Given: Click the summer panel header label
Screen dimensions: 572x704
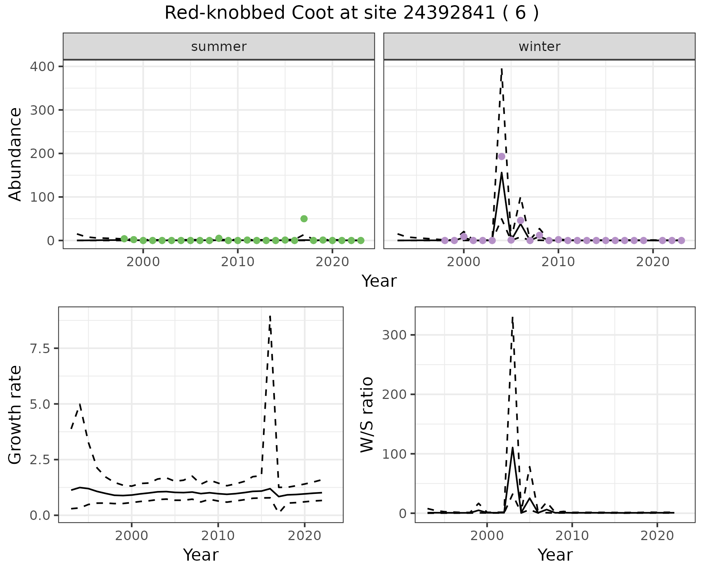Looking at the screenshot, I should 219,47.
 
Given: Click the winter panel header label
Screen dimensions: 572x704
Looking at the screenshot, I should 539,47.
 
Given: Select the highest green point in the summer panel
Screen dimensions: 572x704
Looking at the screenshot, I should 304,219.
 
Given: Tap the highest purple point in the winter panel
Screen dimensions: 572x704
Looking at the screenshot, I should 502,157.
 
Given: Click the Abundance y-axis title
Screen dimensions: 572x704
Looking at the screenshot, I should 15,154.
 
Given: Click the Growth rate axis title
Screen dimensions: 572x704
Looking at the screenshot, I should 15,415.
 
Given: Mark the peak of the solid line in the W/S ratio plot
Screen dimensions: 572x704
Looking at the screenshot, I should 512,447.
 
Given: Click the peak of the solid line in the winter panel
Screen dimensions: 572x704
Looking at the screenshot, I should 502,173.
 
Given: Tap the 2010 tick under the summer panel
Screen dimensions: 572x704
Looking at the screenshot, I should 238,262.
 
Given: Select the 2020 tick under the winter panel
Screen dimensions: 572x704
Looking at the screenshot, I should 653,262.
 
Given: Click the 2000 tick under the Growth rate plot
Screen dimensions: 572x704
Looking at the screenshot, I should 132,536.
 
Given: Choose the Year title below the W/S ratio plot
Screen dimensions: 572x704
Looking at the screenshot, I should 555,555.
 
